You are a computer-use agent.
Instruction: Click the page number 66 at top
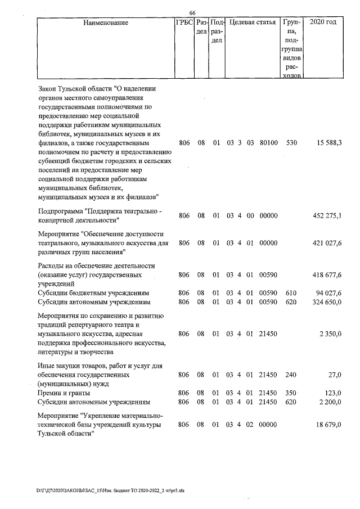(x=192, y=13)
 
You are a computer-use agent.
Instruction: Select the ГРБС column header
(x=184, y=23)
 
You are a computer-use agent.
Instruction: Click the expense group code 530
(x=291, y=144)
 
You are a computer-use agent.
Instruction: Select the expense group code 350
(x=291, y=393)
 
